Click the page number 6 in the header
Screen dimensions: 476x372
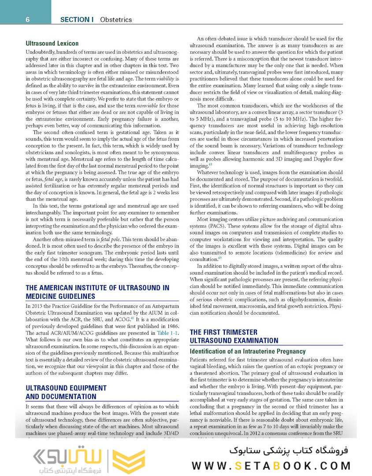coord(27,19)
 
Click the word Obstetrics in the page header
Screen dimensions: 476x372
coord(116,20)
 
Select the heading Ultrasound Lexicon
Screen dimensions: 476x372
coord(52,44)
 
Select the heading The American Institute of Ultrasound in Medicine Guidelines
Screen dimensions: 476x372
coord(97,292)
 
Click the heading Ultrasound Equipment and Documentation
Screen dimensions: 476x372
coord(66,392)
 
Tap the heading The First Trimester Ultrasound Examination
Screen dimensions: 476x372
coord(234,336)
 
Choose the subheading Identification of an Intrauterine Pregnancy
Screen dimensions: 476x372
coord(247,351)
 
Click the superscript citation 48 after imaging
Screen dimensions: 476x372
coord(210,164)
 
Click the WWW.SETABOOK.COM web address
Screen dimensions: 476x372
coord(271,466)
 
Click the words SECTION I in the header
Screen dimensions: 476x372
coord(77,20)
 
